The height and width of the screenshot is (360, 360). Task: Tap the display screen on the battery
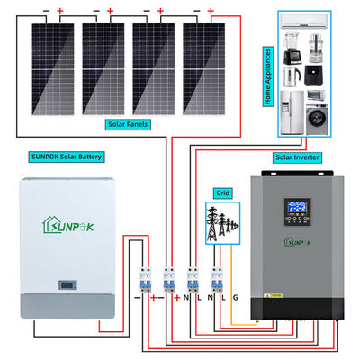pos(67,285)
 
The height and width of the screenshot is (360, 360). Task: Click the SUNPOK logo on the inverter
pos(298,240)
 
